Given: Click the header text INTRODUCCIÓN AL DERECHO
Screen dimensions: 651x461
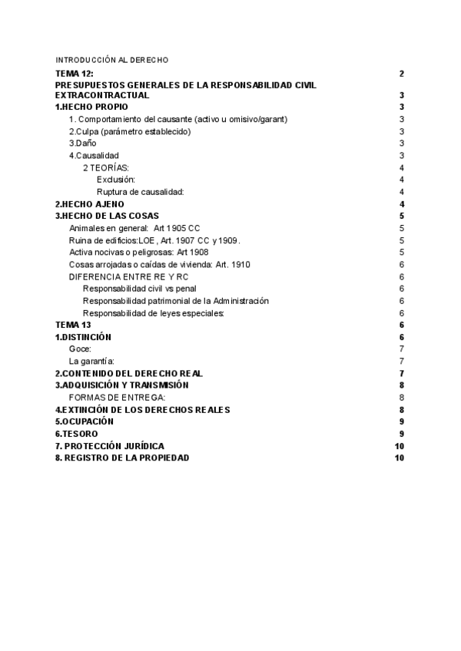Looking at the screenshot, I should point(111,60).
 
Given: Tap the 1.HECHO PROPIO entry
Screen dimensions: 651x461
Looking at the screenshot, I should point(91,107).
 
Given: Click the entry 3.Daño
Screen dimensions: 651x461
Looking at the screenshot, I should point(82,144).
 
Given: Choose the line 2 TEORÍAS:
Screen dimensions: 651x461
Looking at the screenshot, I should point(105,167).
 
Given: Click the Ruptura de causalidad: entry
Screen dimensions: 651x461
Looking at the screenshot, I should point(140,192).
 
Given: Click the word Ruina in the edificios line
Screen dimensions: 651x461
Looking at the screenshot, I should point(81,240).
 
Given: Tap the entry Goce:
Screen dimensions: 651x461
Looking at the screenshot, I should point(80,349).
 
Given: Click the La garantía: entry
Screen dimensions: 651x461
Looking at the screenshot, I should point(91,361).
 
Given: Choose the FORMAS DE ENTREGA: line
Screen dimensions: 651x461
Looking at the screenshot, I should point(117,397).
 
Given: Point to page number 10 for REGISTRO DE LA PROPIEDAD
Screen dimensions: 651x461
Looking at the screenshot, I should point(399,458).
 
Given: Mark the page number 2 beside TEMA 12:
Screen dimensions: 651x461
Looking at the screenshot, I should point(402,73).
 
